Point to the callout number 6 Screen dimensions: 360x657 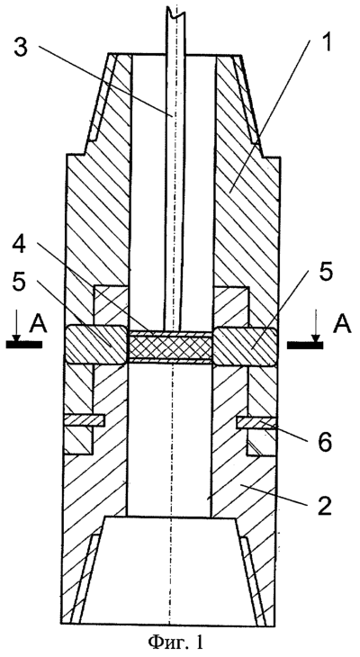click(x=323, y=443)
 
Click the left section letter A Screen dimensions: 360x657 click(x=38, y=324)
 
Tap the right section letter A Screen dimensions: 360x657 click(x=342, y=324)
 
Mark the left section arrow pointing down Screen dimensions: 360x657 click(x=15, y=326)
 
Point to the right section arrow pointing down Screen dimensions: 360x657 click(x=316, y=326)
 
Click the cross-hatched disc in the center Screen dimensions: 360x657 click(x=170, y=346)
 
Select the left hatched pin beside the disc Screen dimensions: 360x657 click(x=95, y=345)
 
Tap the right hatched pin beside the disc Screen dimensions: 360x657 click(x=245, y=346)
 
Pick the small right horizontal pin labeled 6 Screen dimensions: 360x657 click(x=256, y=422)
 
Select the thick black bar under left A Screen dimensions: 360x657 click(x=24, y=345)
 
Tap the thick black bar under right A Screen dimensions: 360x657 click(x=305, y=345)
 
